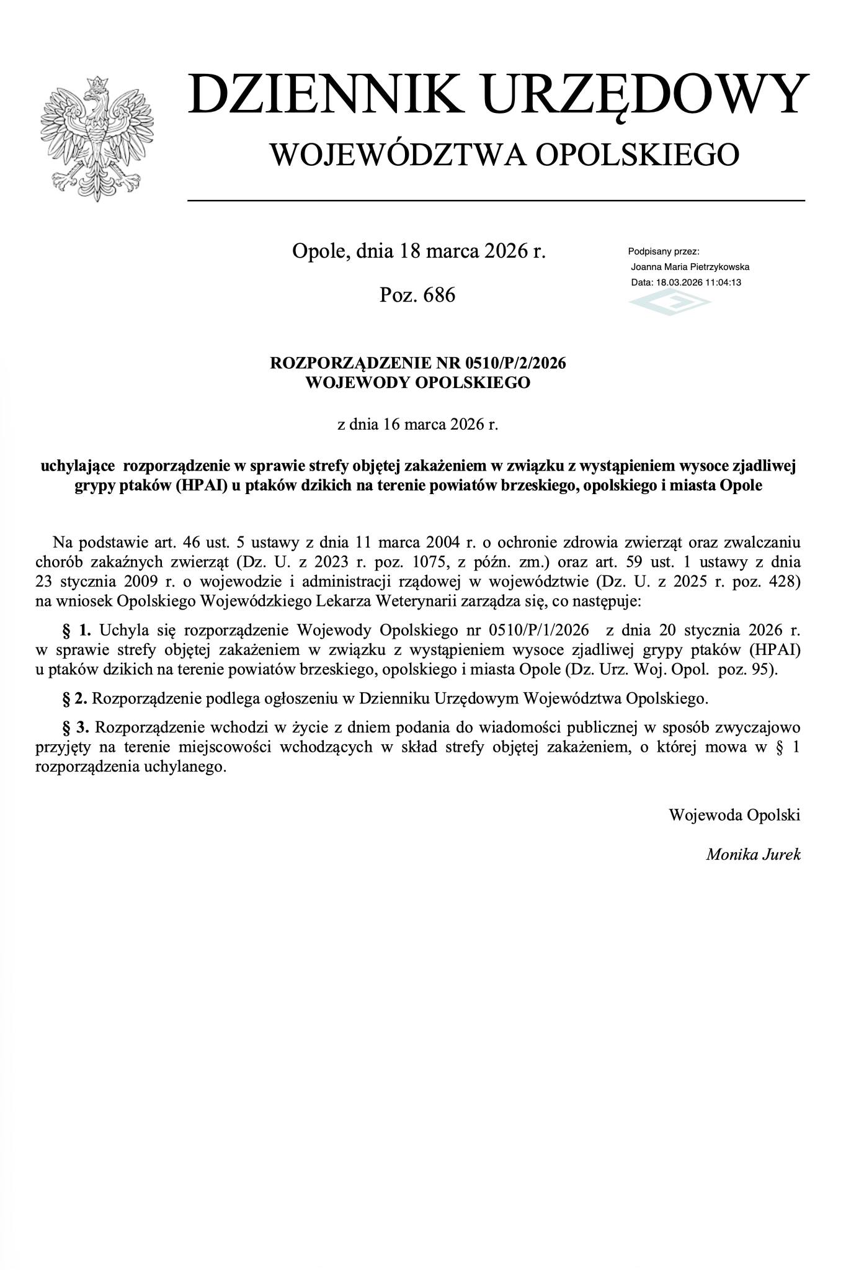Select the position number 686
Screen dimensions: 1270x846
[439, 295]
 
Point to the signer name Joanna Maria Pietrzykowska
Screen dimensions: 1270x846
[690, 267]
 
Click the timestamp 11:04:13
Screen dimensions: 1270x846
[723, 282]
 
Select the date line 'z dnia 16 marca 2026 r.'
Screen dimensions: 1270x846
[417, 425]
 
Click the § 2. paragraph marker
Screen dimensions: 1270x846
[74, 698]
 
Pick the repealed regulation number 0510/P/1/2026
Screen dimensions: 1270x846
[538, 631]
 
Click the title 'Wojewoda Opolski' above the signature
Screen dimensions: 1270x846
[734, 814]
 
